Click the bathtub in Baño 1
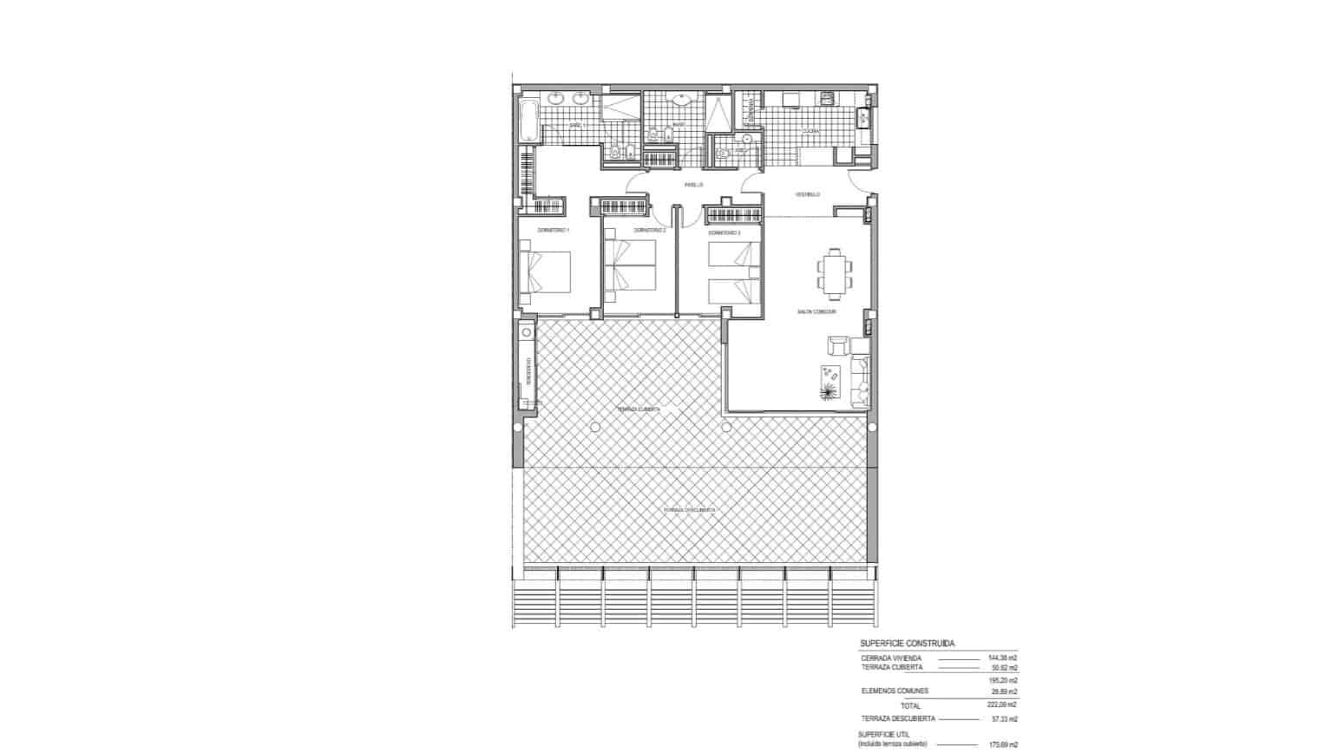pos(528,119)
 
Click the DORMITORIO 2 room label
pos(650,230)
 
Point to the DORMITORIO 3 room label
pos(724,232)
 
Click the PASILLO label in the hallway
pos(692,185)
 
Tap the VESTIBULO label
pos(808,194)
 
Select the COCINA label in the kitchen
pos(810,132)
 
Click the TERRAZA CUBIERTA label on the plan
pos(639,409)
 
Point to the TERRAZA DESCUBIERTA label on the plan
pos(690,510)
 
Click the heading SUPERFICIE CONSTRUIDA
pos(907,644)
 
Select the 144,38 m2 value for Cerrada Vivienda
pos(1003,658)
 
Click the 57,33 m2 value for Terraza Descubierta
pos(1003,719)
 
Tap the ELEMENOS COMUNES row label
pos(895,691)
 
